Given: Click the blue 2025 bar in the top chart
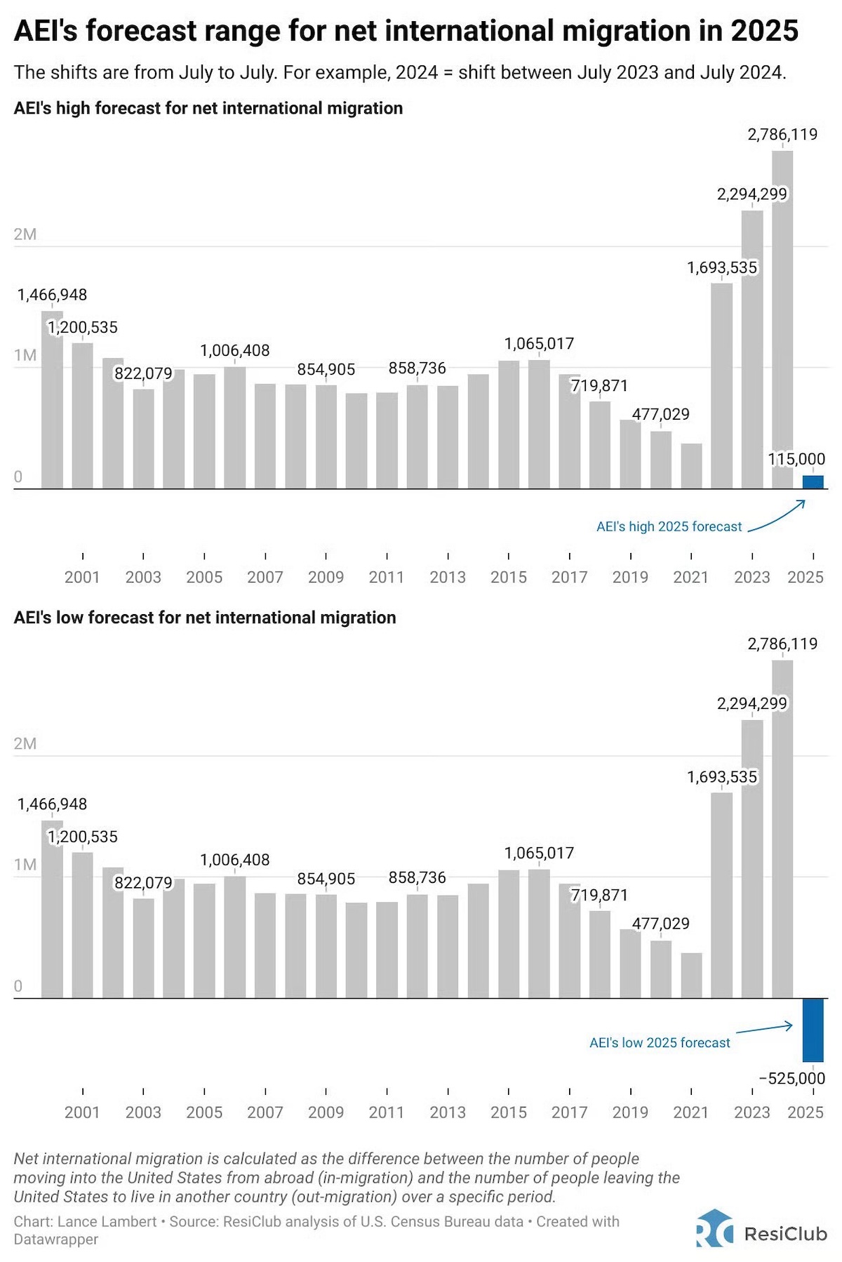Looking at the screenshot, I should click(813, 482).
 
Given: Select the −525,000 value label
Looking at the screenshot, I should click(792, 1078).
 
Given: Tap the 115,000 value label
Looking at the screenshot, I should click(796, 459).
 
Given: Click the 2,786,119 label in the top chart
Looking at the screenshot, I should click(782, 134).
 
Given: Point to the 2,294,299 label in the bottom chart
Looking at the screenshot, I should click(751, 703).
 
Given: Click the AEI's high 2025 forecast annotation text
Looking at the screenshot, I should click(669, 526).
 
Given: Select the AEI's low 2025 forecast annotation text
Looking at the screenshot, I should click(660, 1043).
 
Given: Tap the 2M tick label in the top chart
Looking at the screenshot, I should click(25, 234).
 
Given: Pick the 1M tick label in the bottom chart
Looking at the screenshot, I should click(25, 865).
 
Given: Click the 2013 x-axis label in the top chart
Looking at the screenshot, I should click(448, 577).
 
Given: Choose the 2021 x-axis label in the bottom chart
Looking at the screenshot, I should click(690, 1112).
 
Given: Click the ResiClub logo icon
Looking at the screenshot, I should click(715, 1228).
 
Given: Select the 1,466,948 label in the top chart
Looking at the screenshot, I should click(53, 295).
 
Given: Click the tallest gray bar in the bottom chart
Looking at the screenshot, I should click(782, 828).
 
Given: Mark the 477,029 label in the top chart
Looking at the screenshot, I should click(660, 414).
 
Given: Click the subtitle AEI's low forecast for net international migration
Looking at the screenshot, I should click(205, 618).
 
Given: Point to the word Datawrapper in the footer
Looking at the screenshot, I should click(56, 1240).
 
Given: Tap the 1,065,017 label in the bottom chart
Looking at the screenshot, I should click(539, 853).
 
